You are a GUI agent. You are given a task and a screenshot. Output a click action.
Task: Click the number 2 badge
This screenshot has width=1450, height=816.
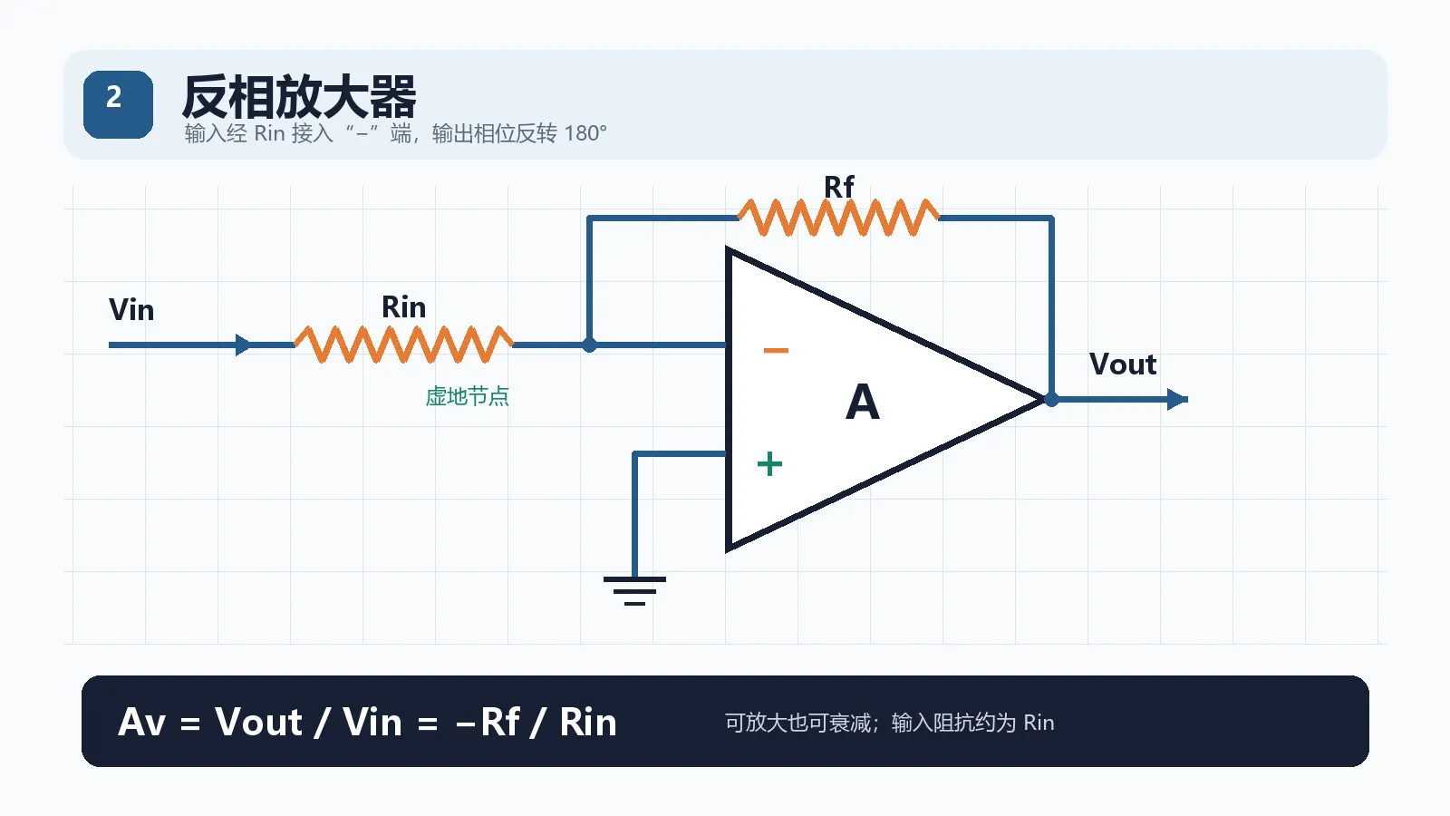coord(118,104)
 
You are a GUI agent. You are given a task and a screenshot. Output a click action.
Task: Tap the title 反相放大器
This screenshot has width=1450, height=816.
coord(299,96)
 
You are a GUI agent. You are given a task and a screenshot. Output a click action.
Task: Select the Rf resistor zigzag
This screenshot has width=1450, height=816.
coord(838,218)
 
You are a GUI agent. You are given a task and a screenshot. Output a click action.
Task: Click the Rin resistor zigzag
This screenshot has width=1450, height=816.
coord(404,345)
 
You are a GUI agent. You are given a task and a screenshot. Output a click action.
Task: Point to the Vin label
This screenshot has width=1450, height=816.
coord(131,309)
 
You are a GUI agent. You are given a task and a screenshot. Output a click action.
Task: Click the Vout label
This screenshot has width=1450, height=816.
coord(1123,364)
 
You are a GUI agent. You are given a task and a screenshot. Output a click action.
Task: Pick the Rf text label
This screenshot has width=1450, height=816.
coord(839,187)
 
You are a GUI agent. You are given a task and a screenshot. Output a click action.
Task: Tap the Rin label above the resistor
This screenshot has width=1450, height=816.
coord(404,307)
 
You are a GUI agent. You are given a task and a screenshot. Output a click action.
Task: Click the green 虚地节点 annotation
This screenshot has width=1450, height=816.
coord(467,396)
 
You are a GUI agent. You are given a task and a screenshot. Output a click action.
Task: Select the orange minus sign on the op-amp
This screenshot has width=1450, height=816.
coord(776,350)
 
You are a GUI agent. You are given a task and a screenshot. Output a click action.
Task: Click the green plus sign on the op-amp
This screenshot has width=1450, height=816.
coord(769,463)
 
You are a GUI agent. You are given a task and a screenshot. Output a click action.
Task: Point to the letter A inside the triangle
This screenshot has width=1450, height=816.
coord(862,402)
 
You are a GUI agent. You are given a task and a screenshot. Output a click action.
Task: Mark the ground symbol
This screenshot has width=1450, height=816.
coord(634,590)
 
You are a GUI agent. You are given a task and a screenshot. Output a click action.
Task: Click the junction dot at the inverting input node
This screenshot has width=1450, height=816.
coord(589,345)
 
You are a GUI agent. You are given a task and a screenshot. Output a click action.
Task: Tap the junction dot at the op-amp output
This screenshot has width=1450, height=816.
coord(1051,400)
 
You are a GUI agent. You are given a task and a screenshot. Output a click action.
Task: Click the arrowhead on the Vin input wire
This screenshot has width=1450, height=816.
coord(244,345)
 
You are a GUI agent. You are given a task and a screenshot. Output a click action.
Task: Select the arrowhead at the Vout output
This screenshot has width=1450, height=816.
coord(1177,400)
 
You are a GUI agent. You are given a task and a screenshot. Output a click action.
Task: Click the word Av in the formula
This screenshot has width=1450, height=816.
coord(142,722)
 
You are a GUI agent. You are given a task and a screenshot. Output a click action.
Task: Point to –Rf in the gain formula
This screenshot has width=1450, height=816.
coord(488,722)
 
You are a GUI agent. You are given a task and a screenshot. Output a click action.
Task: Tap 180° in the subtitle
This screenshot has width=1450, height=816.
coord(585,133)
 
